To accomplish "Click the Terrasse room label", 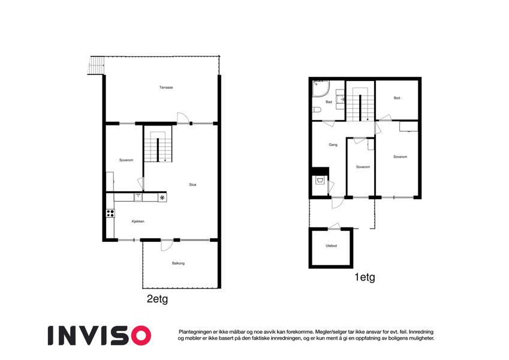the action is pos(166,88).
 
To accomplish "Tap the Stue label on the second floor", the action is pos(192,185).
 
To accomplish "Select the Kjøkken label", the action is pos(138,221).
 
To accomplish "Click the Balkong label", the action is pos(178,263).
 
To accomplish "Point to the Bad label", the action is pos(329,102).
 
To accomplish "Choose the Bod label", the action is pos(397,98).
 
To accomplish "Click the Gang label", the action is pos(333,145).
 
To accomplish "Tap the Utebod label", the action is pos(331,245).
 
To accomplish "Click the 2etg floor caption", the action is pos(158,299).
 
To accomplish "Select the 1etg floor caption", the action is pos(365,277).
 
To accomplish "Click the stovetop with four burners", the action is pos(110,213).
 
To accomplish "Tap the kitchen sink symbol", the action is pos(138,197).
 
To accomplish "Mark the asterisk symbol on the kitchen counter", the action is pos(162,197).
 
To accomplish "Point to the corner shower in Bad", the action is pos(321,89).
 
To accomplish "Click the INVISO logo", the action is pos(100,335).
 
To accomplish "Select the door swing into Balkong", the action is pos(167,245).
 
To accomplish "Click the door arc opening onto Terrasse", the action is pos(182,118).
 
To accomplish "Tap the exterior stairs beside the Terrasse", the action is pos(97,65).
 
